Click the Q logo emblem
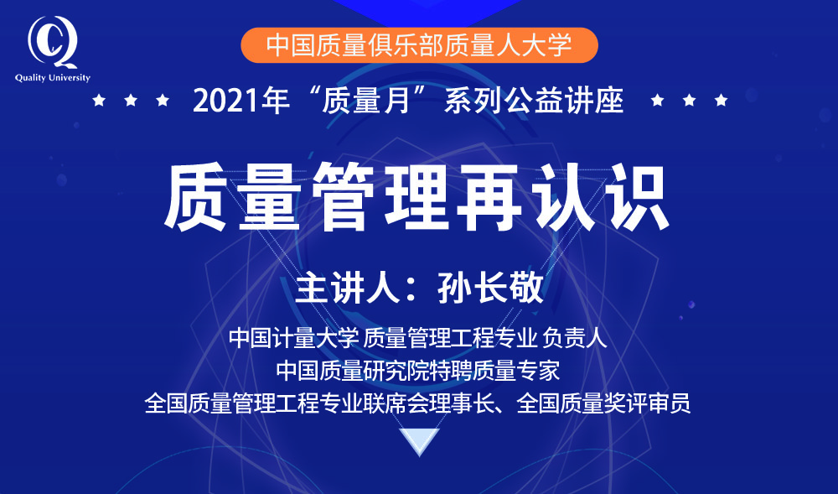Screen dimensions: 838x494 [52, 42]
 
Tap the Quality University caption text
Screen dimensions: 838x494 [52, 78]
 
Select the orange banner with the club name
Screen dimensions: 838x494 [419, 45]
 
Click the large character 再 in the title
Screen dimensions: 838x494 [489, 197]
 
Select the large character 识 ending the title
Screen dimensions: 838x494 [634, 197]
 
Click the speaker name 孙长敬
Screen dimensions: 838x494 [490, 289]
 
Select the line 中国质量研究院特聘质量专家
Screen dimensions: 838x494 [418, 371]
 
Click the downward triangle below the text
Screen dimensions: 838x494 [420, 440]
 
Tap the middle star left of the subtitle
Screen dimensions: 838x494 [131, 100]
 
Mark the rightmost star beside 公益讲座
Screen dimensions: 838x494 [721, 100]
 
